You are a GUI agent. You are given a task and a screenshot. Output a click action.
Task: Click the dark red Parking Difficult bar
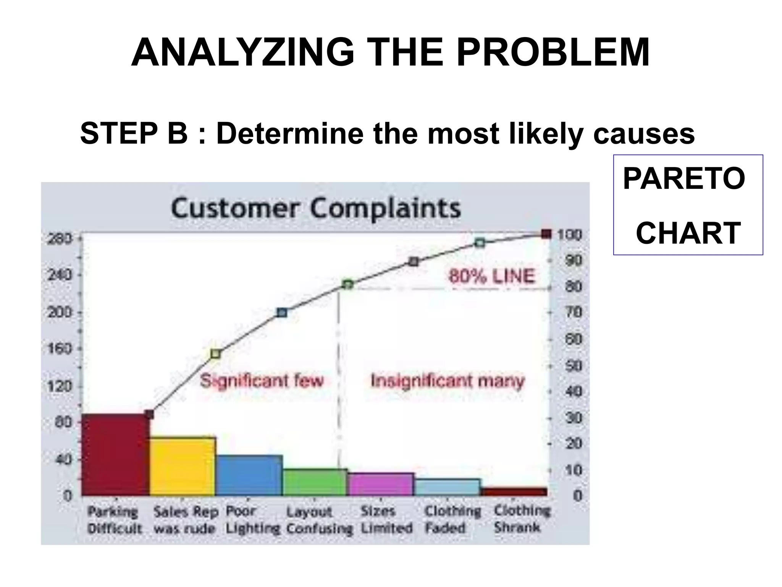[116, 455]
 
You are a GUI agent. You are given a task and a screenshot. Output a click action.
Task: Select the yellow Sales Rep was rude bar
[182, 466]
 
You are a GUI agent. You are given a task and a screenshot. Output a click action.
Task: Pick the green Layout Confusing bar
[315, 482]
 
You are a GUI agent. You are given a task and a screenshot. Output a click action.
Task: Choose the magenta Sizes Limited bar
[381, 484]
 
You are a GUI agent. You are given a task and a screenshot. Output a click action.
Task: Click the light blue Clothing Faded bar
[447, 487]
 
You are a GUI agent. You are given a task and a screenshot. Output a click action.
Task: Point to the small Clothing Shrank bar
[514, 491]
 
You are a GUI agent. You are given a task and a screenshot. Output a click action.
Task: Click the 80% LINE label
[491, 276]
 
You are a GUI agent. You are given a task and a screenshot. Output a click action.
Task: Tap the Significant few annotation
[262, 381]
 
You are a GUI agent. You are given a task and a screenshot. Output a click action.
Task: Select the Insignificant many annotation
[448, 381]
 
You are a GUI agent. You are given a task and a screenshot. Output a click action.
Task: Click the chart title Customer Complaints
[316, 209]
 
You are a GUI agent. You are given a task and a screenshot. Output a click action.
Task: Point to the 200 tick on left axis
[59, 313]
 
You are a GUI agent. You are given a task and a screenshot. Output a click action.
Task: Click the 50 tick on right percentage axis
[573, 366]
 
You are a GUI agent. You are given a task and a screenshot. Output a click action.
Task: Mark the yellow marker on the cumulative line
[215, 354]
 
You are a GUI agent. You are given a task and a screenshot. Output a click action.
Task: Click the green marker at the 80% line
[347, 285]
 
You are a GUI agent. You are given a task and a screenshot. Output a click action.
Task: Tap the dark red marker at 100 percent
[546, 234]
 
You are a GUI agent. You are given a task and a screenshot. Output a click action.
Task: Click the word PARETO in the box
[683, 178]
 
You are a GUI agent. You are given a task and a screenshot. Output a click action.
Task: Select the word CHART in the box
[688, 233]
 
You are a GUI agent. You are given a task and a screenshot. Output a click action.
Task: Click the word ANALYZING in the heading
[242, 52]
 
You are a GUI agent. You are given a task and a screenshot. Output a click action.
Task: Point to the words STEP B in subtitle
[134, 133]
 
